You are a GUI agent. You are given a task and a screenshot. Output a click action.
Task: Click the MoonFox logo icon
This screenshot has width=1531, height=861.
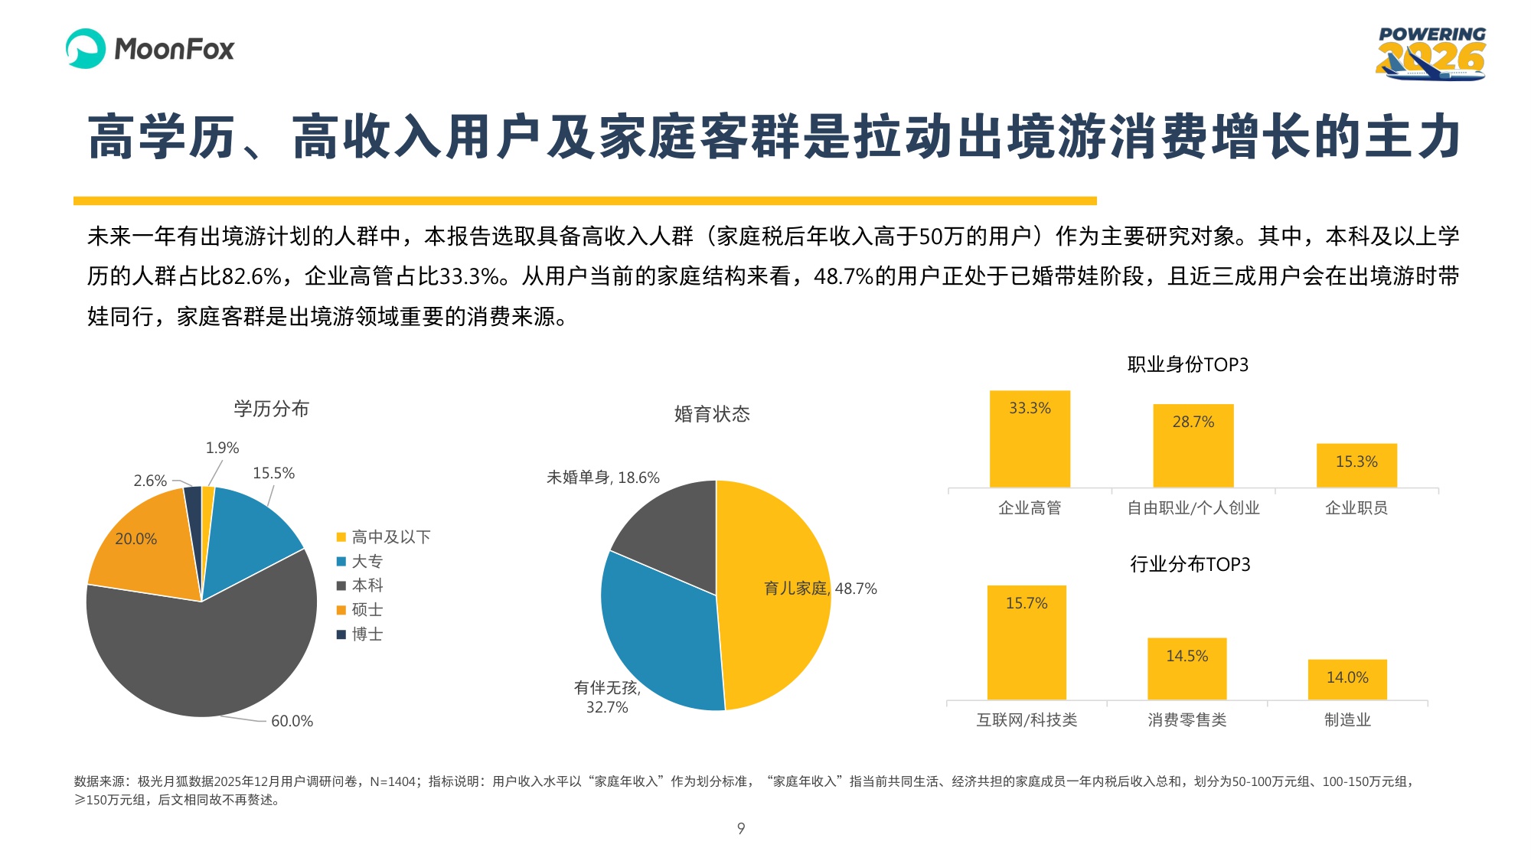coord(85,48)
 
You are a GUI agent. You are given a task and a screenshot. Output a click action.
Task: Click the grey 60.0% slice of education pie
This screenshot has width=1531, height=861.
coord(199,658)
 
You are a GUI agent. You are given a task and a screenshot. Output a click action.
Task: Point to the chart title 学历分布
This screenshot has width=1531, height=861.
coord(271,409)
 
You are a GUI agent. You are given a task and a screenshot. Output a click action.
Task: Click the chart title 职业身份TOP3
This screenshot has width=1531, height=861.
coord(1187,365)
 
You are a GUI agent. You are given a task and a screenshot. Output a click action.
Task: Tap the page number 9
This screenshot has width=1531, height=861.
coord(741,828)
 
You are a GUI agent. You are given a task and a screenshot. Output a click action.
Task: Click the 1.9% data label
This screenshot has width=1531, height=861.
coord(222,448)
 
